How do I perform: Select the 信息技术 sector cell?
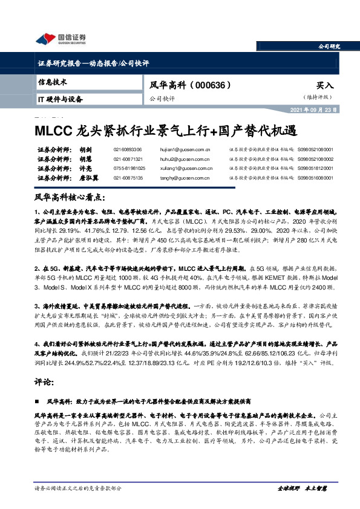tap(53, 82)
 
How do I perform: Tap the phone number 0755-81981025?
tap(128, 167)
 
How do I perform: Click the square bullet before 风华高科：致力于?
tap(38, 401)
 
